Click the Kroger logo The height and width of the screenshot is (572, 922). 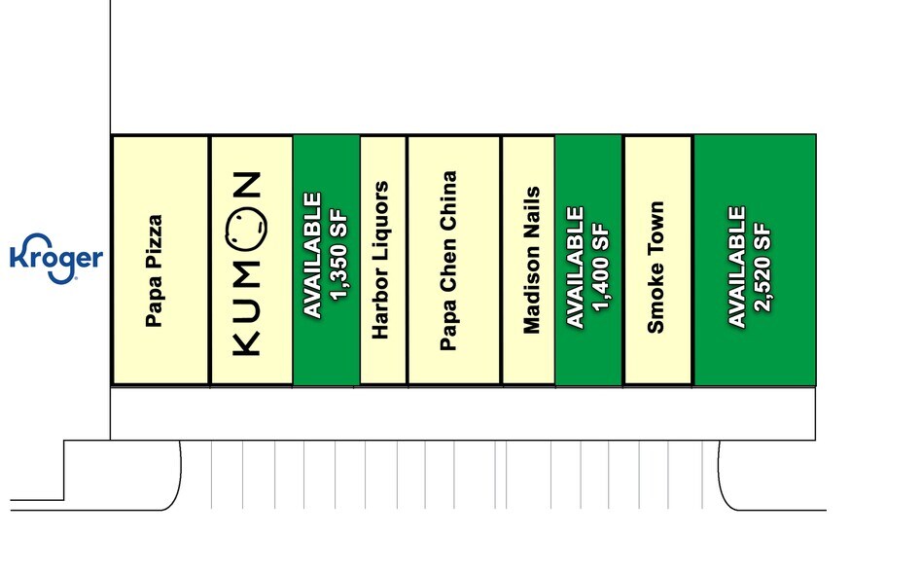tap(56, 259)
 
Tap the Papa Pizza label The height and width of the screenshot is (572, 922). tap(154, 271)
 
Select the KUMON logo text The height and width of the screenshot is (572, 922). tap(247, 264)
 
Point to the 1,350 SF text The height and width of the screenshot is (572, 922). tap(339, 256)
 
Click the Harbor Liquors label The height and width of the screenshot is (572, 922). tap(380, 260)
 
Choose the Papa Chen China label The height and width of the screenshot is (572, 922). tap(448, 261)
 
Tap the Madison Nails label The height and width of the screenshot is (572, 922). tap(531, 261)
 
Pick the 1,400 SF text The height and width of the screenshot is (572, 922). tap(601, 268)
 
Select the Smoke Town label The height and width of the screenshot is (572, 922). tap(656, 268)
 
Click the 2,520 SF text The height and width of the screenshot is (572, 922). tap(763, 268)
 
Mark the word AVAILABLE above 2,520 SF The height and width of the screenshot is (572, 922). tap(737, 267)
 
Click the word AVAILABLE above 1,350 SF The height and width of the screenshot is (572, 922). tap(313, 256)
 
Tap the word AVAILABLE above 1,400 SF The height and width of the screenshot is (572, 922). tap(575, 267)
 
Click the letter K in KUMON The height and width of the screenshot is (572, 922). tap(247, 344)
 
